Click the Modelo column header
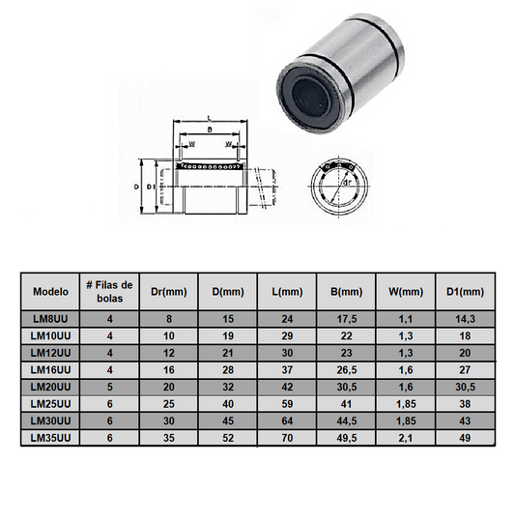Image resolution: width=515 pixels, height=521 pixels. coord(50,291)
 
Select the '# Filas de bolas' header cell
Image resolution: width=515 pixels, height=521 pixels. coord(109,291)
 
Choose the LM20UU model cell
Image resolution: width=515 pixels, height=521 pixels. coord(50,387)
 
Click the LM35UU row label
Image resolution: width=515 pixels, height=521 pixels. coord(50,439)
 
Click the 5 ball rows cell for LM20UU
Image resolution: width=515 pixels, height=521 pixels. coord(109,387)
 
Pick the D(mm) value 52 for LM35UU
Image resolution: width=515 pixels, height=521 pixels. coord(229,439)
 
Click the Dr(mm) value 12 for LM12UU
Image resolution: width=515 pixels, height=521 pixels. coord(170,352)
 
